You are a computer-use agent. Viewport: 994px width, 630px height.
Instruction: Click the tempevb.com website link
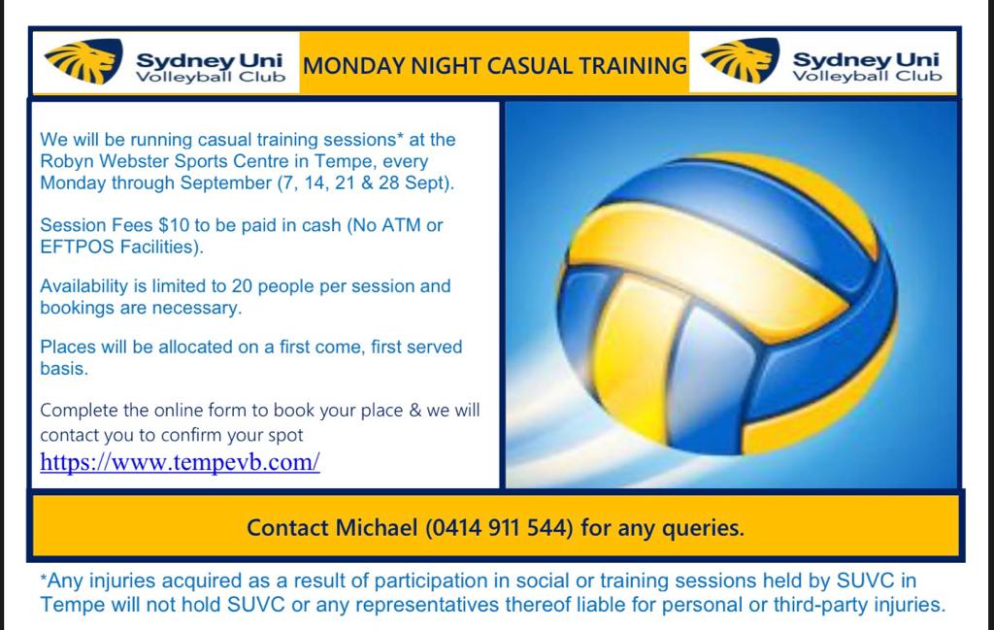[180, 462]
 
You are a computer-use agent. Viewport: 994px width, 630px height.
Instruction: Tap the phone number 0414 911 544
[499, 527]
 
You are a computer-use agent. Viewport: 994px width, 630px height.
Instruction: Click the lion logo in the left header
[83, 61]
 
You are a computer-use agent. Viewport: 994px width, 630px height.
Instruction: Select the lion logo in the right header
[741, 60]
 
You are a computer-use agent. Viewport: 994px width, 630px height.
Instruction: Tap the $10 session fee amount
[174, 225]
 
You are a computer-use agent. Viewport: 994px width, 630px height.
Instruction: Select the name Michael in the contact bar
[377, 527]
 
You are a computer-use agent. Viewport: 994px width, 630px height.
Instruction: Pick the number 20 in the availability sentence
[242, 285]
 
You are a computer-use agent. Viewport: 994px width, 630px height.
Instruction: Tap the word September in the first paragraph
[226, 182]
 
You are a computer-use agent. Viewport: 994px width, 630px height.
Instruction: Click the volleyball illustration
[727, 303]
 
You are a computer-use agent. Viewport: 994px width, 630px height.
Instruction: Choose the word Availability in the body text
[84, 286]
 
